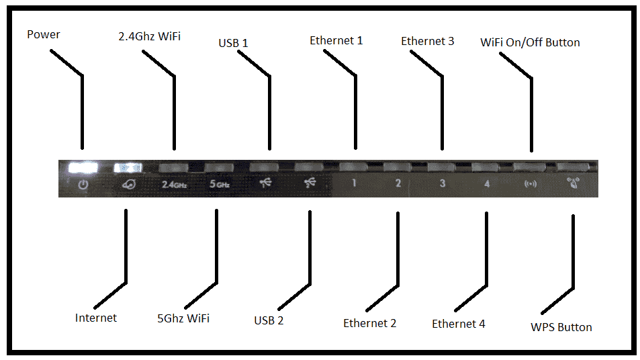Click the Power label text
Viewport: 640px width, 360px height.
[x=44, y=34]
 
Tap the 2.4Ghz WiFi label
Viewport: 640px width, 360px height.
[x=149, y=37]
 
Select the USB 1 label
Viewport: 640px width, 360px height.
[x=233, y=43]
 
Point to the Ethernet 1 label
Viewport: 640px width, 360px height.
[x=336, y=40]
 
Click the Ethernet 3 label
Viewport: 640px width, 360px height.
[x=427, y=41]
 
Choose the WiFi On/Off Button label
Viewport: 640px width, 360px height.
[x=530, y=42]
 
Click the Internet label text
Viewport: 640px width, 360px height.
[x=96, y=318]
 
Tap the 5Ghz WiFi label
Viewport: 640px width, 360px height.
[x=183, y=318]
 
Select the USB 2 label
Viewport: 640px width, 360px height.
[x=269, y=320]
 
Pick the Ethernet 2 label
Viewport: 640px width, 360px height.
[x=369, y=323]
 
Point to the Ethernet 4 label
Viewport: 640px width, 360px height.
[x=458, y=324]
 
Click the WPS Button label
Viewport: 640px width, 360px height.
[x=561, y=327]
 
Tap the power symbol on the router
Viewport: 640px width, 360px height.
[x=82, y=183]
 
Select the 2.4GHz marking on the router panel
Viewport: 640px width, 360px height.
[x=174, y=183]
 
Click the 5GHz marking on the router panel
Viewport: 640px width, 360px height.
[x=219, y=183]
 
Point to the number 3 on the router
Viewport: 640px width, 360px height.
[x=442, y=183]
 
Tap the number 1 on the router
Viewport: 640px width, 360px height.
[x=353, y=183]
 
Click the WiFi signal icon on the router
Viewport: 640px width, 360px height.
[x=531, y=183]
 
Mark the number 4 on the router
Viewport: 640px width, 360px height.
[x=486, y=183]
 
